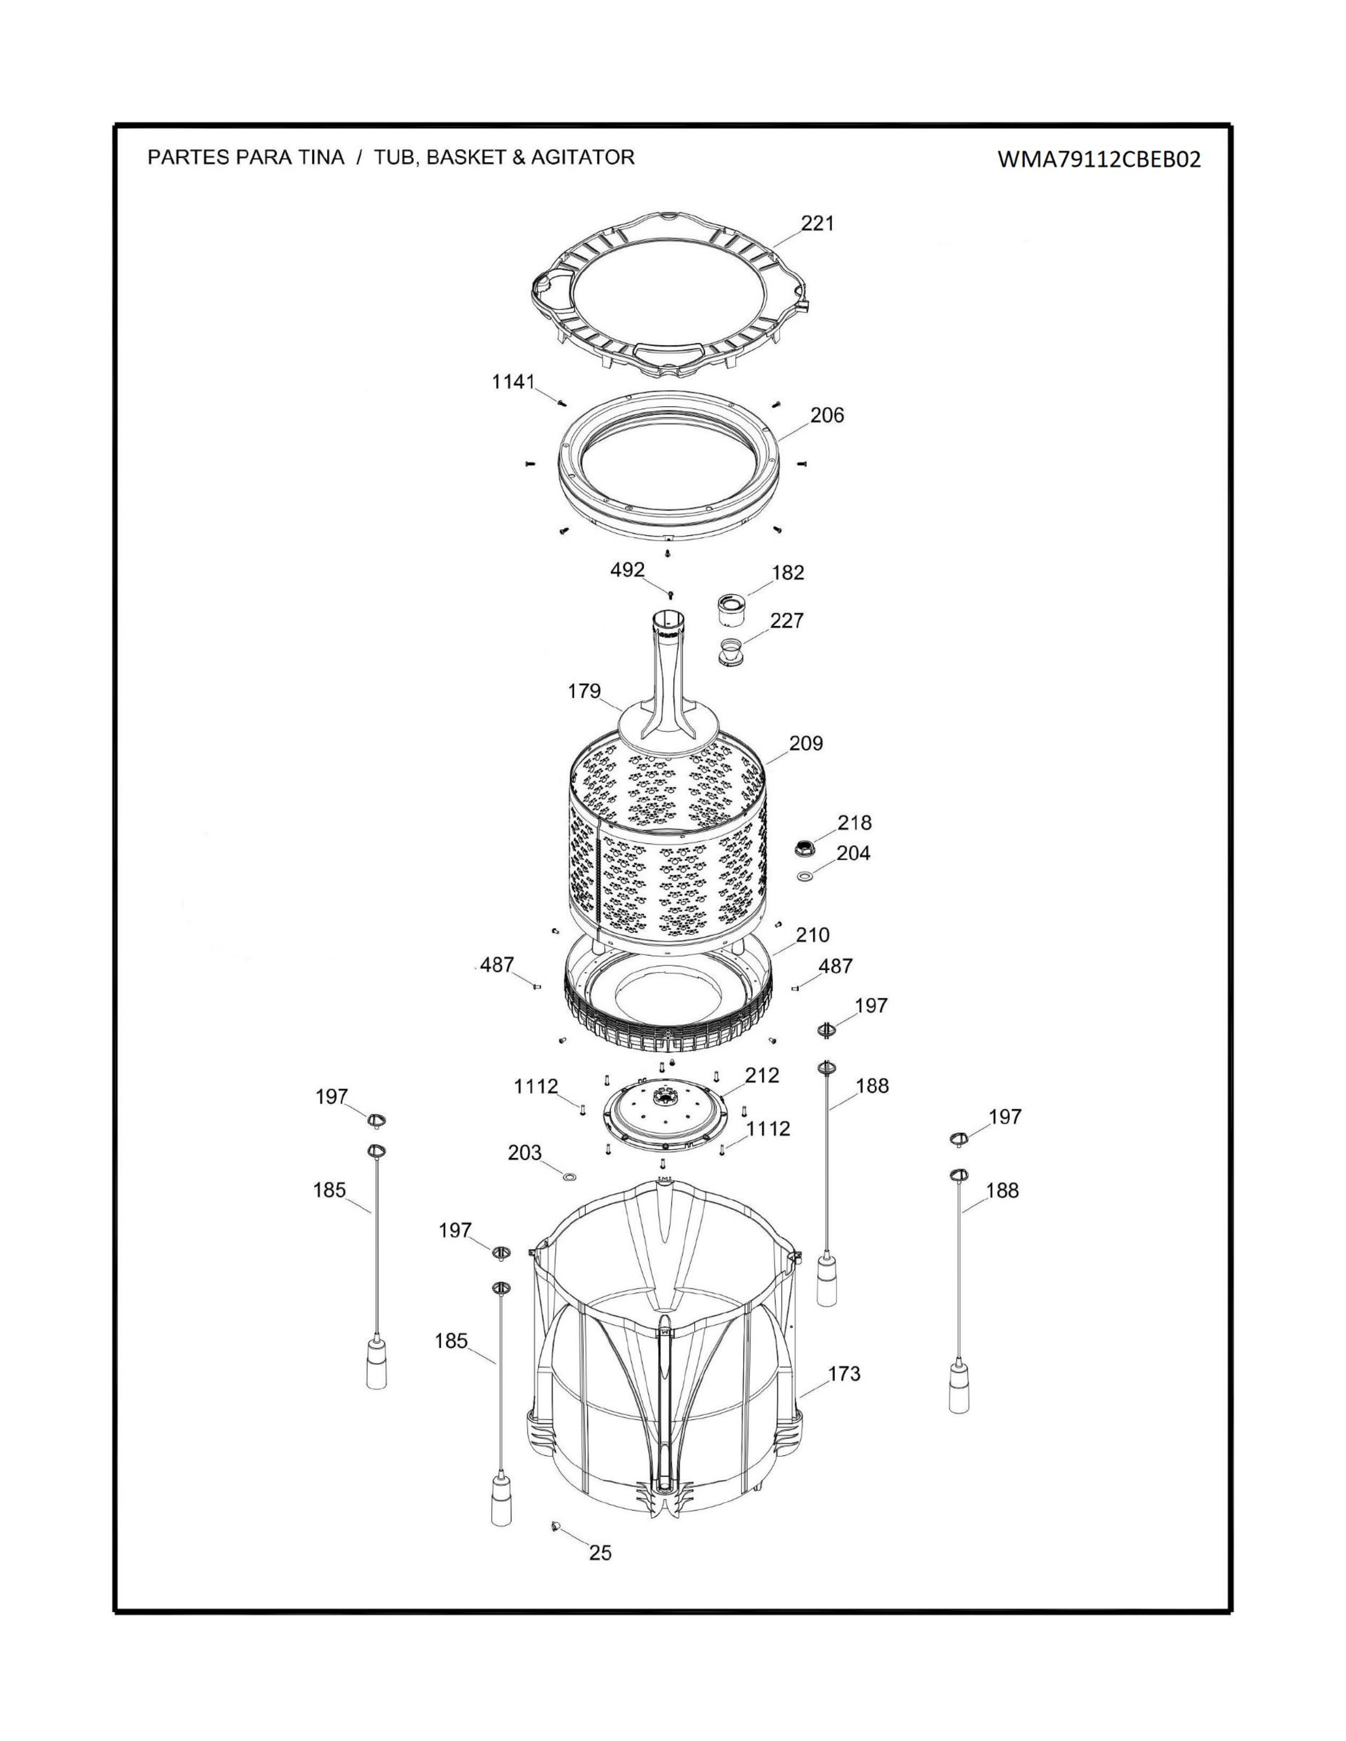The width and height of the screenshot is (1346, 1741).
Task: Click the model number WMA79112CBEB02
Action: coord(1099,159)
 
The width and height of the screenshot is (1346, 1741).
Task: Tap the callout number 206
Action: coord(827,415)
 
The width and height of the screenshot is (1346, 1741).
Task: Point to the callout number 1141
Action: coord(513,382)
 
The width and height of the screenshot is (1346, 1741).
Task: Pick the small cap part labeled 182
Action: coord(731,610)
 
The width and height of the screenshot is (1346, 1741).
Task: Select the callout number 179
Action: coord(584,691)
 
